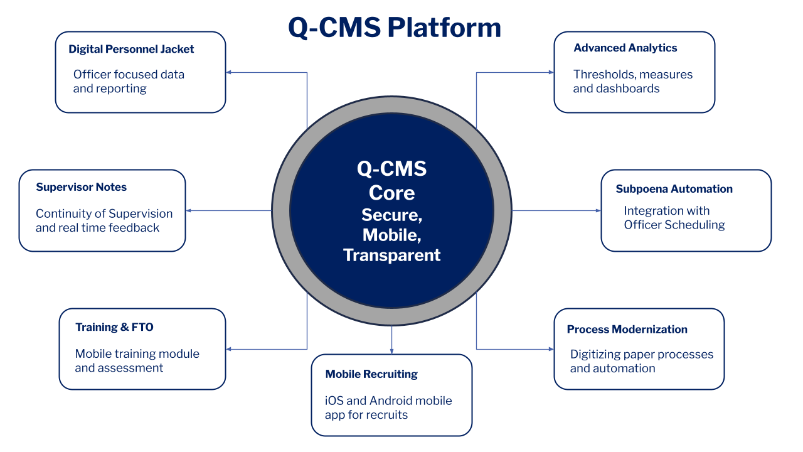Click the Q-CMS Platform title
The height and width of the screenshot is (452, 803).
click(x=394, y=28)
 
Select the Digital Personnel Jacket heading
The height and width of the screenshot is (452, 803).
click(x=131, y=49)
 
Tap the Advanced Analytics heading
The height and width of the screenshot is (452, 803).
click(x=625, y=48)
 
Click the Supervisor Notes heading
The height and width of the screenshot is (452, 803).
click(x=81, y=187)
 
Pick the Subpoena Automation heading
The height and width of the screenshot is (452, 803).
click(x=674, y=189)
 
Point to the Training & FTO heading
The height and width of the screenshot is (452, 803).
click(x=114, y=327)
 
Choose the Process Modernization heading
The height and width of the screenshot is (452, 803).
click(x=627, y=330)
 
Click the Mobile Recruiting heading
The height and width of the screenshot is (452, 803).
click(x=371, y=374)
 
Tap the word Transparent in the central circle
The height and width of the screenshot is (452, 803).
click(x=391, y=256)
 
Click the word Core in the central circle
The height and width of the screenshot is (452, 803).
click(x=391, y=192)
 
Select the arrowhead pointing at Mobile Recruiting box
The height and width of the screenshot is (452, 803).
click(x=391, y=350)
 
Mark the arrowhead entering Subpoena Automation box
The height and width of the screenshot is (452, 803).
click(x=597, y=210)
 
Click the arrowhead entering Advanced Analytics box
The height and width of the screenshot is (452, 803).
click(x=551, y=72)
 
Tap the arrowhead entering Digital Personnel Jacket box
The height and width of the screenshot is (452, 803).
click(x=230, y=72)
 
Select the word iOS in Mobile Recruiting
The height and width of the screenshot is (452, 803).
click(x=334, y=401)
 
